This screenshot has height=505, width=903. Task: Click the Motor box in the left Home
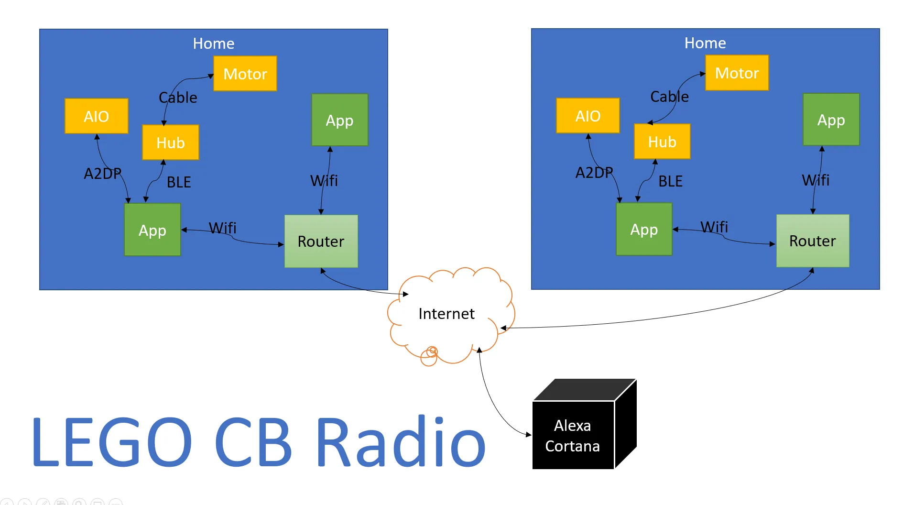point(245,74)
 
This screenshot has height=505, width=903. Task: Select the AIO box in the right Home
point(587,116)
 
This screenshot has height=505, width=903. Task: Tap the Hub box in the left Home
point(170,143)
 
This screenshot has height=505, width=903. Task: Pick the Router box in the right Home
point(812,241)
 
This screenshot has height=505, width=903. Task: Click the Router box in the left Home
point(321,241)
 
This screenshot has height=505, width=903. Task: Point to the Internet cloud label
point(446,314)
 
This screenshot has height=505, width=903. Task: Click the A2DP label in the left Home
point(102,173)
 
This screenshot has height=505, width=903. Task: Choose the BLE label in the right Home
point(670,181)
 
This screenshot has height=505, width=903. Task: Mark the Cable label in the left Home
point(178,98)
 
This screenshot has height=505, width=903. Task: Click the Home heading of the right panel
point(705,43)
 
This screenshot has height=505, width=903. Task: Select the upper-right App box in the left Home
point(339,120)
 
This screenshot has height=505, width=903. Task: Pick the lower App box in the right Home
point(643,230)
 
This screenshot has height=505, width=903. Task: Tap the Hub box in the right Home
point(662,142)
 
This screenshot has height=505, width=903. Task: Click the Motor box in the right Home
point(737,73)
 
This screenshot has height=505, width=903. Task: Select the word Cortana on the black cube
point(572,446)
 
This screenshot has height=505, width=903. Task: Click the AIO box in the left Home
point(96,116)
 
